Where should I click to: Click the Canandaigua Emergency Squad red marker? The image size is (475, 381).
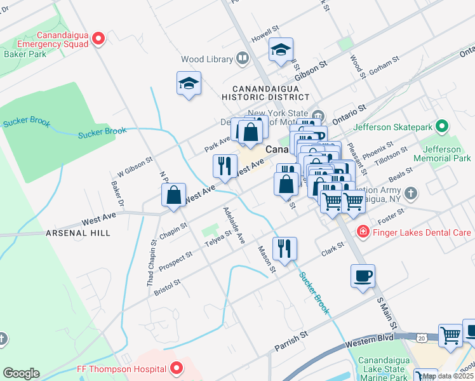point(98,39)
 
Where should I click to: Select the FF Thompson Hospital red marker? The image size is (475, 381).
point(176,368)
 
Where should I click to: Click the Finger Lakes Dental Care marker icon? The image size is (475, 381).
point(363,232)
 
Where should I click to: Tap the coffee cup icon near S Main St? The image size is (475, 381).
point(363,276)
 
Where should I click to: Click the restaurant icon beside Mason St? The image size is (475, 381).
point(284,249)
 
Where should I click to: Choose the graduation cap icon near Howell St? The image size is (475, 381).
point(281,51)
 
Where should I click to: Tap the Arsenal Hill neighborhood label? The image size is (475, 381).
point(78,233)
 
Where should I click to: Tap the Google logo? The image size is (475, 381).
point(21,373)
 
